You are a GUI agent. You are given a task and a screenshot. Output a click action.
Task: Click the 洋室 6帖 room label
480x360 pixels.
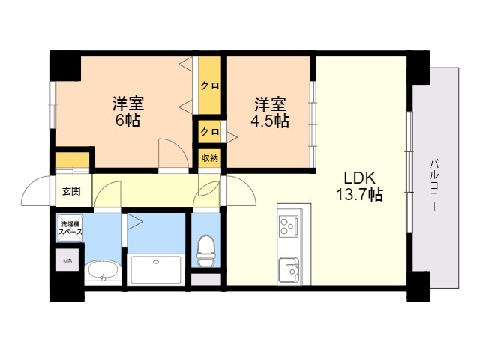coord(128,112)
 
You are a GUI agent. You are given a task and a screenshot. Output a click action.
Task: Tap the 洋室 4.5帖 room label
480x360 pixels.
coord(270,112)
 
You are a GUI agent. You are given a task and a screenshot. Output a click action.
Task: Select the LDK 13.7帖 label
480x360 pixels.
coord(360,186)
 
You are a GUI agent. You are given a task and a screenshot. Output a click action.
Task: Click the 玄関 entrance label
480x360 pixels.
coord(71,191)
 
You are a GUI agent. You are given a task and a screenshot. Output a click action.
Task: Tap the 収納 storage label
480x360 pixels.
coord(210,158)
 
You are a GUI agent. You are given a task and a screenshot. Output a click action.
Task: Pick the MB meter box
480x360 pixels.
coord(67,260)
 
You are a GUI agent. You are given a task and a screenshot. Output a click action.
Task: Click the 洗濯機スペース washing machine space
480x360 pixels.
coord(70,228)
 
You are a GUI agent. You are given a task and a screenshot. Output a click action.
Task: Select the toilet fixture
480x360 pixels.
coord(205,250)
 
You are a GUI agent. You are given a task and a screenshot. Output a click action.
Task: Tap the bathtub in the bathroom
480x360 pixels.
coord(156,269)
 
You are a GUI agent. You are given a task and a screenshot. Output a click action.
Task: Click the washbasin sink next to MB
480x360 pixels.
coord(102,271)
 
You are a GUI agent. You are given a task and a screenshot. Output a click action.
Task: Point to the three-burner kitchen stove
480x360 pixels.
coord(288,226)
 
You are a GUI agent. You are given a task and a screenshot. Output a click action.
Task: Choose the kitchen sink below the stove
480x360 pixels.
coord(289,270)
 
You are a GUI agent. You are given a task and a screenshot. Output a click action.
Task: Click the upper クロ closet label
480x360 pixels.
coord(210,85)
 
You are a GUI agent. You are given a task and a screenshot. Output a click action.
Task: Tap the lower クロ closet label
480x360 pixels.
coord(210,132)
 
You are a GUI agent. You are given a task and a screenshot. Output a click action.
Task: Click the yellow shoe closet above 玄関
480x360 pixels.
coord(73,160)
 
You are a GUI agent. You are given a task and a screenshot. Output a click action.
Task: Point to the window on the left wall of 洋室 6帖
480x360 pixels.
coord(53,105)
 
